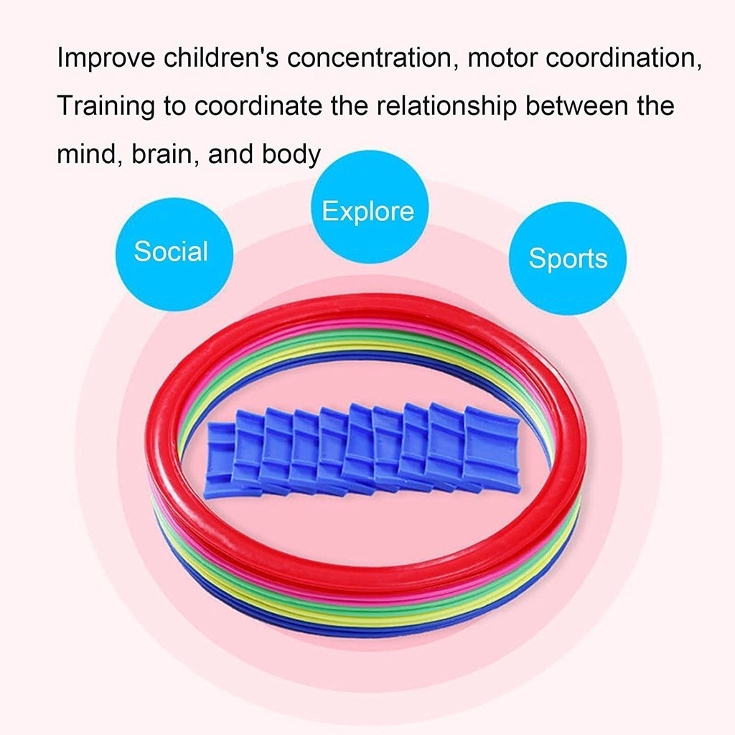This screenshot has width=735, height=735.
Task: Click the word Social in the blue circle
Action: pyautogui.click(x=171, y=252)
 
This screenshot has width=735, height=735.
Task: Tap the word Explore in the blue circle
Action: pyautogui.click(x=367, y=212)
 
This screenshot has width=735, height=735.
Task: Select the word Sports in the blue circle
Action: pyautogui.click(x=568, y=258)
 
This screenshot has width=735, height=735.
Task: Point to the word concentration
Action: pyautogui.click(x=370, y=59)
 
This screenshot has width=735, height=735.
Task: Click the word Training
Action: pyautogui.click(x=106, y=106)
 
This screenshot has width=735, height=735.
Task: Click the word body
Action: pyautogui.click(x=291, y=154)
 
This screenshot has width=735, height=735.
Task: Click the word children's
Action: pyautogui.click(x=212, y=59)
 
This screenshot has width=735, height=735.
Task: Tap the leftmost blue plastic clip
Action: pyautogui.click(x=219, y=459)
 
